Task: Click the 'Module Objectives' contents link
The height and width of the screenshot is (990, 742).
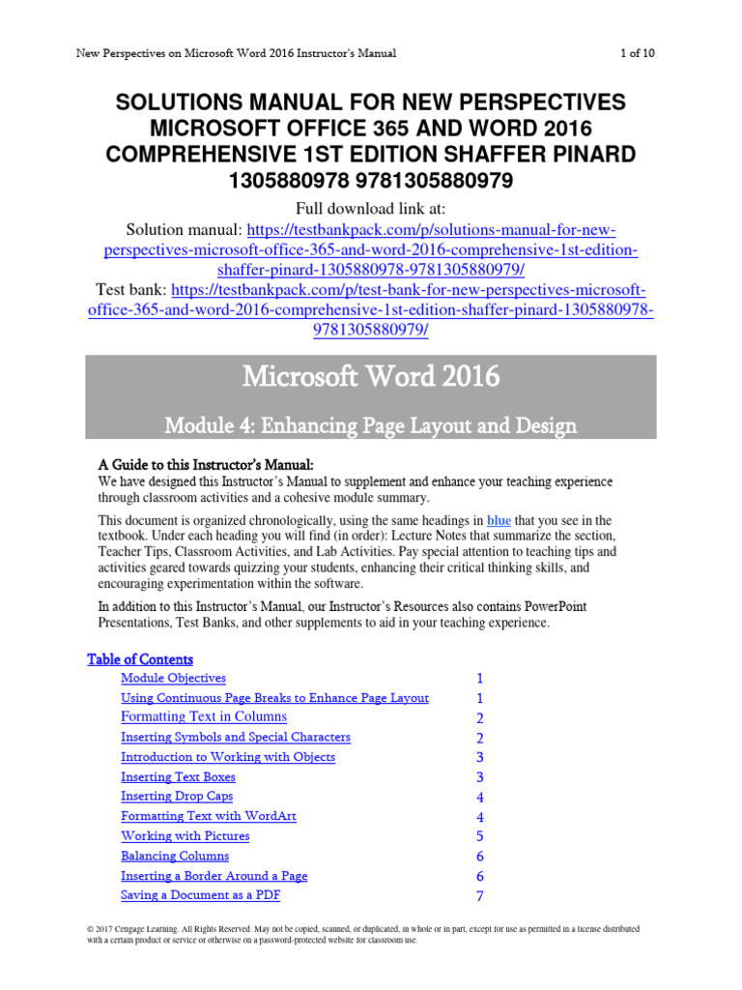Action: point(173,679)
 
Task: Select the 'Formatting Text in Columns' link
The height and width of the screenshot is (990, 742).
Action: point(204,717)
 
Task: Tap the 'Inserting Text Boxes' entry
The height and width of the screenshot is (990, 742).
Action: point(178,777)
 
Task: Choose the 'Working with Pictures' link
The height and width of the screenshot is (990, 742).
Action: point(185,836)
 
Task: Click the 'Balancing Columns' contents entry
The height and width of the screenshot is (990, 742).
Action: point(175,856)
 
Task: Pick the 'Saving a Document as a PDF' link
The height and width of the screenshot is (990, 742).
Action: point(200,895)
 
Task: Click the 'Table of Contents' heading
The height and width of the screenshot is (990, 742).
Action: point(140,659)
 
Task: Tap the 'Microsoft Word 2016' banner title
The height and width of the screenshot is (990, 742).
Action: point(371,376)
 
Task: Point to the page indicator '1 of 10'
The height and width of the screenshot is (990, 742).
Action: point(637,53)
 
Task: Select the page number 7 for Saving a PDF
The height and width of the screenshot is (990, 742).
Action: point(479,896)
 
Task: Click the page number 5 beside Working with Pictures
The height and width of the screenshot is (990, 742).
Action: point(479,837)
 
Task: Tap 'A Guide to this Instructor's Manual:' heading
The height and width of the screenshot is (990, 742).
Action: point(207,464)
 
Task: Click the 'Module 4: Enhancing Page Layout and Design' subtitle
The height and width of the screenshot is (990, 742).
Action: point(371,424)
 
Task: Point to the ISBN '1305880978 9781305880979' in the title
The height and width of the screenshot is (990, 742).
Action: point(371,181)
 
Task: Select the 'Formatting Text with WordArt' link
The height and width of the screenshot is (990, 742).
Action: point(209,817)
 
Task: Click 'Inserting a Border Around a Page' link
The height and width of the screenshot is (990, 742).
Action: point(214,876)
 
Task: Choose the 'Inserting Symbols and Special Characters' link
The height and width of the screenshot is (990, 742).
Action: point(236,738)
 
